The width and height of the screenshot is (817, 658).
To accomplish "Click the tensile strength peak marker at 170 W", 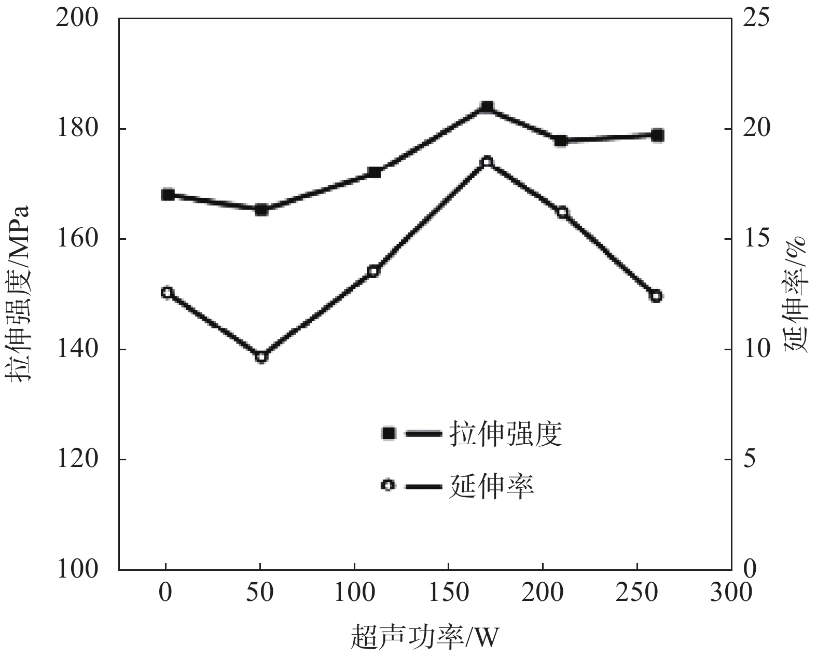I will (487, 107).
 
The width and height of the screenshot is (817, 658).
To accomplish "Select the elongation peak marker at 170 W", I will (487, 162).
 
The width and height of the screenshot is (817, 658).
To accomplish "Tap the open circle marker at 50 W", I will (261, 357).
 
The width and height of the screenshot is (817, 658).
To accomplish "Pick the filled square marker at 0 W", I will (167, 195).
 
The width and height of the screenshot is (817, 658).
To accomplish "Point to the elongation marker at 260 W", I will (656, 296).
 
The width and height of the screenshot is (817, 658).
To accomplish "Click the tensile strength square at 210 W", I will (561, 141).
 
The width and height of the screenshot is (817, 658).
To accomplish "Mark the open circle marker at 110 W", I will (373, 271).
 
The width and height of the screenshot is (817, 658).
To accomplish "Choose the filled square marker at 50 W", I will (261, 210).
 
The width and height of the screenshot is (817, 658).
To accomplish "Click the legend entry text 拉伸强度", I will (506, 434).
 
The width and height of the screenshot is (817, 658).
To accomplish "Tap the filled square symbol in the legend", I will (388, 433).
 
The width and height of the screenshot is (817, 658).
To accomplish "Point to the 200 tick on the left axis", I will (77, 19).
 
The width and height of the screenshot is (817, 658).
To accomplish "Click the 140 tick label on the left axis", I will (77, 349).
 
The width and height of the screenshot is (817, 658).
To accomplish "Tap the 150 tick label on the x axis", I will (448, 593).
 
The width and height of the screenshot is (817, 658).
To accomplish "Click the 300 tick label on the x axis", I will (731, 593).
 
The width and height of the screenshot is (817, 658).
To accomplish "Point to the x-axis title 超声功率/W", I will (424, 638).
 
